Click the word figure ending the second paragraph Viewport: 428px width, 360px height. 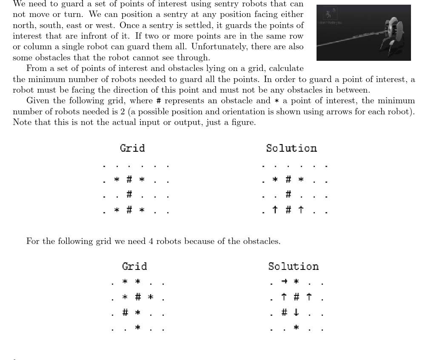click(x=244, y=122)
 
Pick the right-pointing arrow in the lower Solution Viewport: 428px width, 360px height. click(x=284, y=281)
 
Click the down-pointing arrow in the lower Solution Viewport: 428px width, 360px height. click(x=297, y=312)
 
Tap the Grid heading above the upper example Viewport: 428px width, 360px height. click(x=132, y=148)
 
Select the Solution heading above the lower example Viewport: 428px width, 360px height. click(x=293, y=266)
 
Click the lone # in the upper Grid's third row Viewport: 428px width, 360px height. click(x=129, y=194)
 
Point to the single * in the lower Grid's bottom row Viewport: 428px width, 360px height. click(x=138, y=327)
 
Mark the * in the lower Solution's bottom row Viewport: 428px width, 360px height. click(x=297, y=328)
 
